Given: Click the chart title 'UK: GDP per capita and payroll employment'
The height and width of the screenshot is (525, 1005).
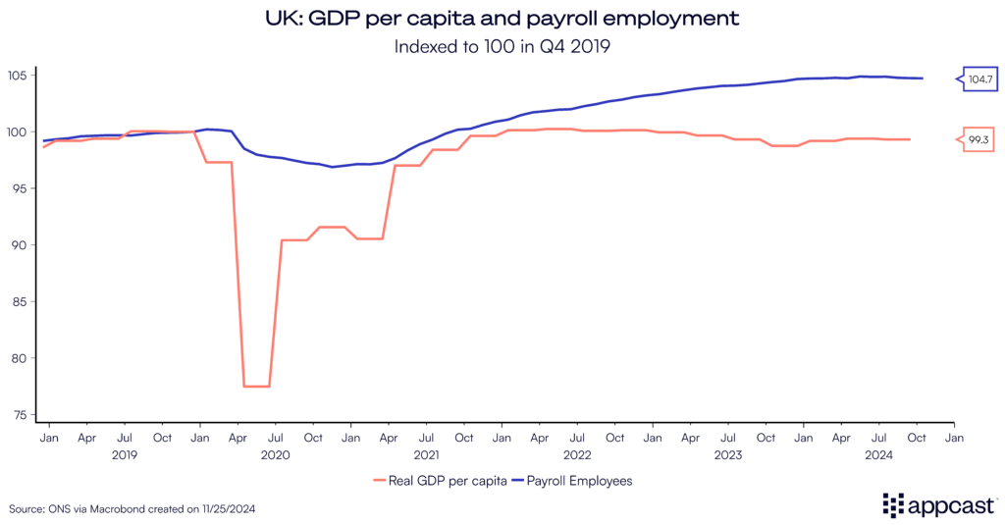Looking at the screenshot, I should [502, 19].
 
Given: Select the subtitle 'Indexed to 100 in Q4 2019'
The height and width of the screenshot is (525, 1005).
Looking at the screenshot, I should [502, 46].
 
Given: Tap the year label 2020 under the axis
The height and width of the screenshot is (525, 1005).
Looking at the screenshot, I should [275, 454].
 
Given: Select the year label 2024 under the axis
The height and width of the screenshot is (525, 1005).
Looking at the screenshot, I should [878, 454].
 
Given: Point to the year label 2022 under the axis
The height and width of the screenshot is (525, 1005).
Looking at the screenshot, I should [577, 454].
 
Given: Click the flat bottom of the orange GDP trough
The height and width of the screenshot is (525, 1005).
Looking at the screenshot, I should [256, 386].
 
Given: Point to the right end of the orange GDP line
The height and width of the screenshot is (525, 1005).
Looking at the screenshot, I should [910, 139].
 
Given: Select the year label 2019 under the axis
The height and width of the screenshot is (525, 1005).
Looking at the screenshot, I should [125, 454].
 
